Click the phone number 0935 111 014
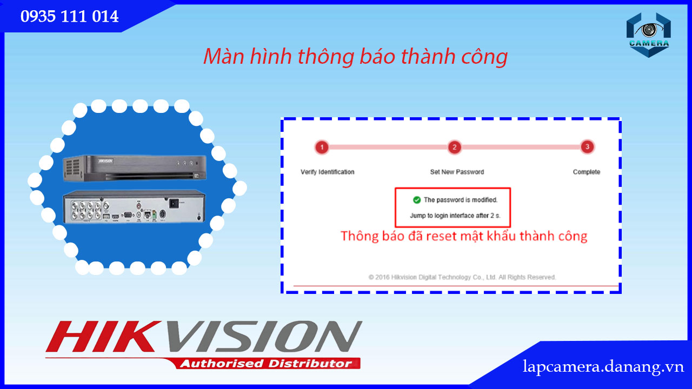[x=70, y=16]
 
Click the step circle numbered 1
[x=322, y=147]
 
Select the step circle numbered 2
[x=455, y=147]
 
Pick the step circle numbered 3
[x=587, y=147]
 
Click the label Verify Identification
[x=328, y=172]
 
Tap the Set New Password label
[x=457, y=172]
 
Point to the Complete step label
[x=587, y=172]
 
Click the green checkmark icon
[x=417, y=200]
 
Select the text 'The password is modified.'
[x=461, y=200]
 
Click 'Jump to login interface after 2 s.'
[x=455, y=216]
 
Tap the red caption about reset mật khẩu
[x=464, y=236]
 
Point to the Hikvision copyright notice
[x=462, y=277]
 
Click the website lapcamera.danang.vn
[x=603, y=367]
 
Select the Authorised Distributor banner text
[x=266, y=364]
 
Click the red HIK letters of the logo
[x=103, y=337]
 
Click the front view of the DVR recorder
[x=135, y=168]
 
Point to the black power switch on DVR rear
[x=174, y=204]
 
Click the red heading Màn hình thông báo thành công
[x=356, y=57]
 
